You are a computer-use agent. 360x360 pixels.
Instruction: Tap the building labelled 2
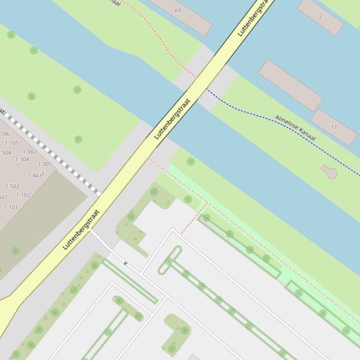point(320,16)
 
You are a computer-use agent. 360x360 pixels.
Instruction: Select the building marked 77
point(333,127)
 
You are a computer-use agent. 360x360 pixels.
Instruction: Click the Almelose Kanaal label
point(295,128)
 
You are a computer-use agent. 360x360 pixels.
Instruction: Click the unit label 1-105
point(12,143)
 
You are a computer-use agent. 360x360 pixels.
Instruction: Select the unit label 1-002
point(29,152)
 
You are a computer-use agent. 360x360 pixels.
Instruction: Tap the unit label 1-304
point(22,159)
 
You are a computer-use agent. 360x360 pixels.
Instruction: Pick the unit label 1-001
point(45,164)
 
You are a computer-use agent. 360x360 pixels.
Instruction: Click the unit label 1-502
point(12,186)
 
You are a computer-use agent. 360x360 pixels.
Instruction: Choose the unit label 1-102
point(23,195)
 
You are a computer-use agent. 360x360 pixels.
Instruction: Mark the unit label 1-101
point(11,207)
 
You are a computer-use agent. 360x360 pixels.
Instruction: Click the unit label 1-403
point(35,176)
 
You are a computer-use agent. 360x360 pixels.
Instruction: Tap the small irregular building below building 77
point(329,171)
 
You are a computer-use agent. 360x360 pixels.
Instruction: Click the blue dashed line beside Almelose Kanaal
point(262,115)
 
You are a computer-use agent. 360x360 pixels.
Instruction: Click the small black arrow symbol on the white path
point(126,264)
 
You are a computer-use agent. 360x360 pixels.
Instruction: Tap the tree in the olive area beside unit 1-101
point(15,251)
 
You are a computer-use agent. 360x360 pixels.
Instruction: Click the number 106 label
point(5,134)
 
